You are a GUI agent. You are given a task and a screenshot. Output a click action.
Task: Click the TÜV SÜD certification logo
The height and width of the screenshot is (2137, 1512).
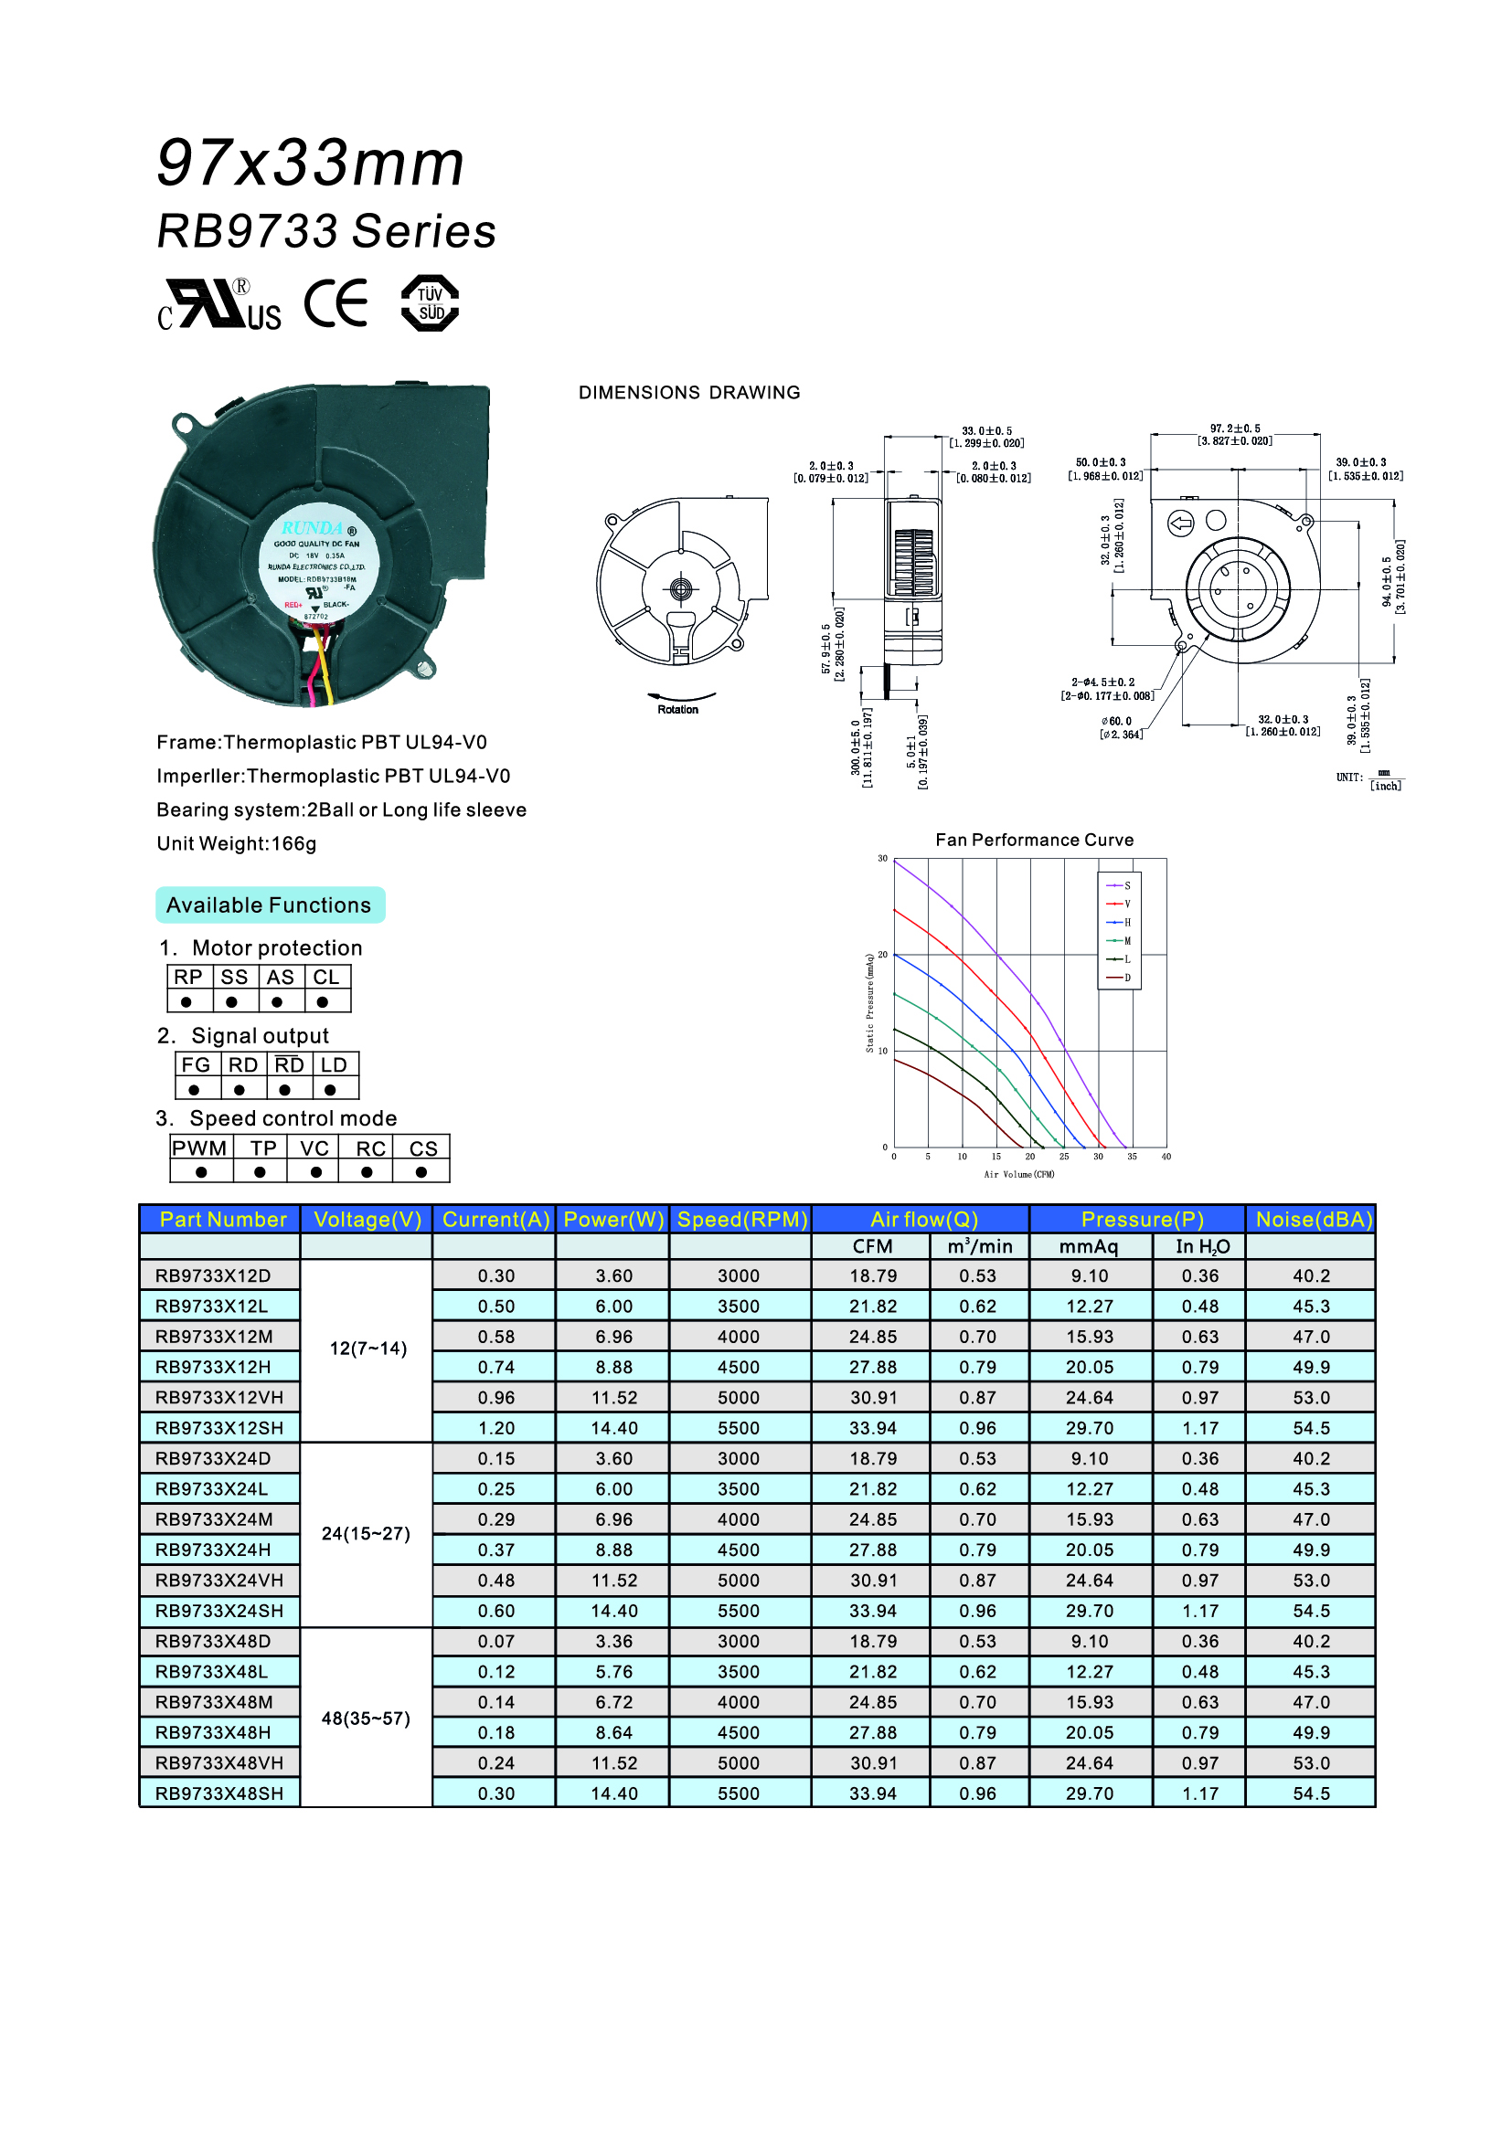pyautogui.click(x=430, y=303)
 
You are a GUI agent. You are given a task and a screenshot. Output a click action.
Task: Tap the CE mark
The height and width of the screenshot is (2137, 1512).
pyautogui.click(x=336, y=303)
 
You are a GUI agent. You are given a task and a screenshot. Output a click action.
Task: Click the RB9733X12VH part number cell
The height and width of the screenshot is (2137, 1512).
pyautogui.click(x=219, y=1397)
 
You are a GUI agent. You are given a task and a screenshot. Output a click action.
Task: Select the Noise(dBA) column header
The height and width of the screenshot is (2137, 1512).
pyautogui.click(x=1313, y=1220)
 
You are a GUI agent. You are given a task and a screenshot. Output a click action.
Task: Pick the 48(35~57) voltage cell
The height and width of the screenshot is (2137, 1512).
pyautogui.click(x=366, y=1719)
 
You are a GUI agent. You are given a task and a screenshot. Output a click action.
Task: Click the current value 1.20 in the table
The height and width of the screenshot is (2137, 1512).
pyautogui.click(x=496, y=1428)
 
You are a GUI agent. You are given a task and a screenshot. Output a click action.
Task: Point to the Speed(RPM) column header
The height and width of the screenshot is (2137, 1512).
pyautogui.click(x=741, y=1220)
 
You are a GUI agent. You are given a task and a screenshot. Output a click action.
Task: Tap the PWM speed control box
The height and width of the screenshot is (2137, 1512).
pyautogui.click(x=199, y=1148)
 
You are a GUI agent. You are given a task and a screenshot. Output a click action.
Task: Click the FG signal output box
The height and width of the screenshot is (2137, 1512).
pyautogui.click(x=196, y=1064)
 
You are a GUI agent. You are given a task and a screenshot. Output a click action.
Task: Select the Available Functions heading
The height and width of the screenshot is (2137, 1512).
pyautogui.click(x=269, y=905)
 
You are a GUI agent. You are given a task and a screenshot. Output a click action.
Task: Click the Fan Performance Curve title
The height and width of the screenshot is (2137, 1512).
pyautogui.click(x=1035, y=840)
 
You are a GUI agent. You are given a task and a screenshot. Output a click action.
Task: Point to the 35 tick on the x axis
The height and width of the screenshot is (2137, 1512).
pyautogui.click(x=1132, y=1157)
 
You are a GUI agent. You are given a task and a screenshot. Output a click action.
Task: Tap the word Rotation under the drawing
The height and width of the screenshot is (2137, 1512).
pyautogui.click(x=677, y=709)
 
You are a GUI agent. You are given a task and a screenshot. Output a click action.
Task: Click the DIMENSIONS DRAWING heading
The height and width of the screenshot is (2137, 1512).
pyautogui.click(x=689, y=393)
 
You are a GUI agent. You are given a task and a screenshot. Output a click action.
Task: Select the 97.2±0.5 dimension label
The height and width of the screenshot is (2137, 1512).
pyautogui.click(x=1234, y=429)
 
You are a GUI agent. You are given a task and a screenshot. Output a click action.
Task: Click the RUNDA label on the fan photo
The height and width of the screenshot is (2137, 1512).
pyautogui.click(x=313, y=528)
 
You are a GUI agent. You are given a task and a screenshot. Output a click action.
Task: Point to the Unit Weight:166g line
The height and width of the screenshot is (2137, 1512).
pyautogui.click(x=237, y=843)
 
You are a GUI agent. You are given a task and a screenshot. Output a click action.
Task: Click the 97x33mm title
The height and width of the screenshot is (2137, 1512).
pyautogui.click(x=310, y=163)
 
